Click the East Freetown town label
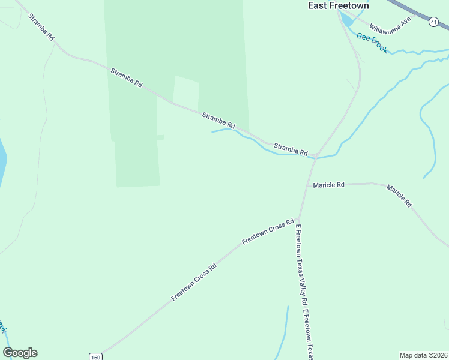pyautogui.click(x=338, y=5)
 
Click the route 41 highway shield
pyautogui.click(x=433, y=22)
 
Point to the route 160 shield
pyautogui.click(x=95, y=356)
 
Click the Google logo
pyautogui.click(x=20, y=353)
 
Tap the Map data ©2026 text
pyautogui.click(x=423, y=355)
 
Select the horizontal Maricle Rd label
pyautogui.click(x=328, y=185)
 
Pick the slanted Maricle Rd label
pyautogui.click(x=399, y=196)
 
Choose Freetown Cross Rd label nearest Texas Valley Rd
pyautogui.click(x=267, y=231)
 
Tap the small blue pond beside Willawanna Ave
pyautogui.click(x=346, y=19)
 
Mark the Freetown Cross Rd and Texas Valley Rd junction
pyautogui.click(x=298, y=218)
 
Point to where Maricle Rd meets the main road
pyautogui.click(x=309, y=185)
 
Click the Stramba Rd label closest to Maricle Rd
pyautogui.click(x=291, y=148)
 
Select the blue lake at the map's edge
pyautogui.click(x=2, y=162)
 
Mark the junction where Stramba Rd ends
pyautogui.click(x=315, y=157)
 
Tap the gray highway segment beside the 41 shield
pyautogui.click(x=414, y=9)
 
